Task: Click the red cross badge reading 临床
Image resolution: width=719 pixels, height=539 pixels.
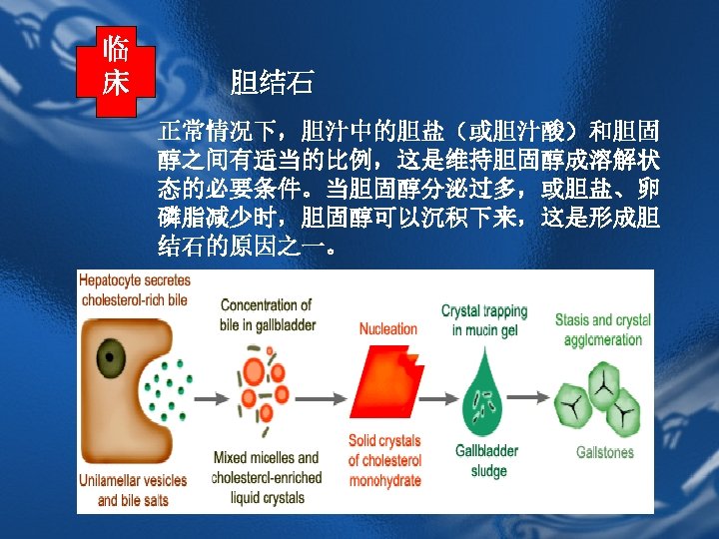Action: pyautogui.click(x=116, y=72)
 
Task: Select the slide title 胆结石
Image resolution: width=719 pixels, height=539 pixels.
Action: pyautogui.click(x=272, y=83)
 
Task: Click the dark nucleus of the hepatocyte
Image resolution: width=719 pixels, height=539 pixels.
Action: pyautogui.click(x=111, y=358)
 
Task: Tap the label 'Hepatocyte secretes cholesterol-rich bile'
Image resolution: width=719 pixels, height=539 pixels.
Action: pyautogui.click(x=135, y=290)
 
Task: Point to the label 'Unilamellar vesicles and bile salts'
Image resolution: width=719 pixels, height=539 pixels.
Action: pyautogui.click(x=133, y=490)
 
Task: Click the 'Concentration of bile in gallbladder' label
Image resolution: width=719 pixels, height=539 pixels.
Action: pyautogui.click(x=268, y=314)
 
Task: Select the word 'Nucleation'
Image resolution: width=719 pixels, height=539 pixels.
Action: pyautogui.click(x=387, y=328)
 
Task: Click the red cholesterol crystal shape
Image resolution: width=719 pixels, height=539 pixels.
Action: pyautogui.click(x=386, y=381)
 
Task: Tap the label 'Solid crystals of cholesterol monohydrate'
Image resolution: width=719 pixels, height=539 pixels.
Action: pyautogui.click(x=384, y=460)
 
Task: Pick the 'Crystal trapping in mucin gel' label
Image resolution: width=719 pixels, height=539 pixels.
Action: pyautogui.click(x=484, y=320)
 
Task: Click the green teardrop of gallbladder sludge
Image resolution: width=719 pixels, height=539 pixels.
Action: pyautogui.click(x=482, y=393)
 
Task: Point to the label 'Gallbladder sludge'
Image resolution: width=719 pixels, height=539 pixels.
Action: pyautogui.click(x=487, y=460)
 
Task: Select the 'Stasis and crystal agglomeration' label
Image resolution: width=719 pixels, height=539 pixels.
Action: pyautogui.click(x=603, y=329)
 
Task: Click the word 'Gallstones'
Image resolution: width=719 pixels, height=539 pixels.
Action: pyautogui.click(x=605, y=452)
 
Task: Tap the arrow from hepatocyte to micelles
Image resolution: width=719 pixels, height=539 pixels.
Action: pyautogui.click(x=212, y=398)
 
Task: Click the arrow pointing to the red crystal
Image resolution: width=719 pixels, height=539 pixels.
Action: pyautogui.click(x=321, y=398)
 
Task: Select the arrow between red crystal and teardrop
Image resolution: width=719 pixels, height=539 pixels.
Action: pyautogui.click(x=438, y=398)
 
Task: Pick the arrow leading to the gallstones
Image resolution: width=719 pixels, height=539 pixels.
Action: pyautogui.click(x=528, y=397)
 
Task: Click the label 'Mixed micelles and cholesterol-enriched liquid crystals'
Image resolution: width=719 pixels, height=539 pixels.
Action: pyautogui.click(x=267, y=477)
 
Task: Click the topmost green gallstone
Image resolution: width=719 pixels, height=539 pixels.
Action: pyautogui.click(x=603, y=386)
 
